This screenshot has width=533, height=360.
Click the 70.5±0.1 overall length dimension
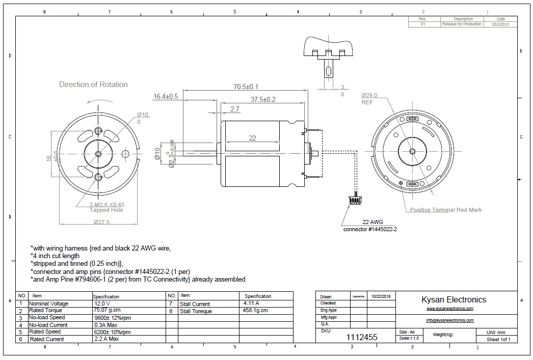coord(246,87)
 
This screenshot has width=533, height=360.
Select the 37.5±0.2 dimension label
coord(263,99)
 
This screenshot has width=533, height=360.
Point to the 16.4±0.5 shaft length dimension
coord(166,96)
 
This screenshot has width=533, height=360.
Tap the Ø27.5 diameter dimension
coord(101,222)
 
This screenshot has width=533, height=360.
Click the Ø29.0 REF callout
coord(369,99)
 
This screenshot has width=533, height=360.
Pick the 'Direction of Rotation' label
coord(93,85)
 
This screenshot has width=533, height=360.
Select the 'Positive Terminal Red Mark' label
coord(446,210)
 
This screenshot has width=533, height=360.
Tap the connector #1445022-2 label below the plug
coord(370,229)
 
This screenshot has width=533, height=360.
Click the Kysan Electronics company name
coord(454,300)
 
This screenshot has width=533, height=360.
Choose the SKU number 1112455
coord(362,337)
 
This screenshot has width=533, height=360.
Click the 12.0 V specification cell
coord(102,303)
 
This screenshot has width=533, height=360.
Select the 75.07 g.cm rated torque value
coord(106,310)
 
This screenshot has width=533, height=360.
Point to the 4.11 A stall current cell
coord(251,303)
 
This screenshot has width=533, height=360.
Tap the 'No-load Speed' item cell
coord(46,317)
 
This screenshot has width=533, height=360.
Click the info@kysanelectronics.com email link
coord(450,320)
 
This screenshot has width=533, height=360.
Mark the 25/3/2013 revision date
coord(500,24)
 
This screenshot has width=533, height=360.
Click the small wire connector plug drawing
coord(355,200)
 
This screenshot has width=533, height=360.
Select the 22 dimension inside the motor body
coord(252,138)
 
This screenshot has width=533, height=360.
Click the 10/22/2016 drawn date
coord(381,296)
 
